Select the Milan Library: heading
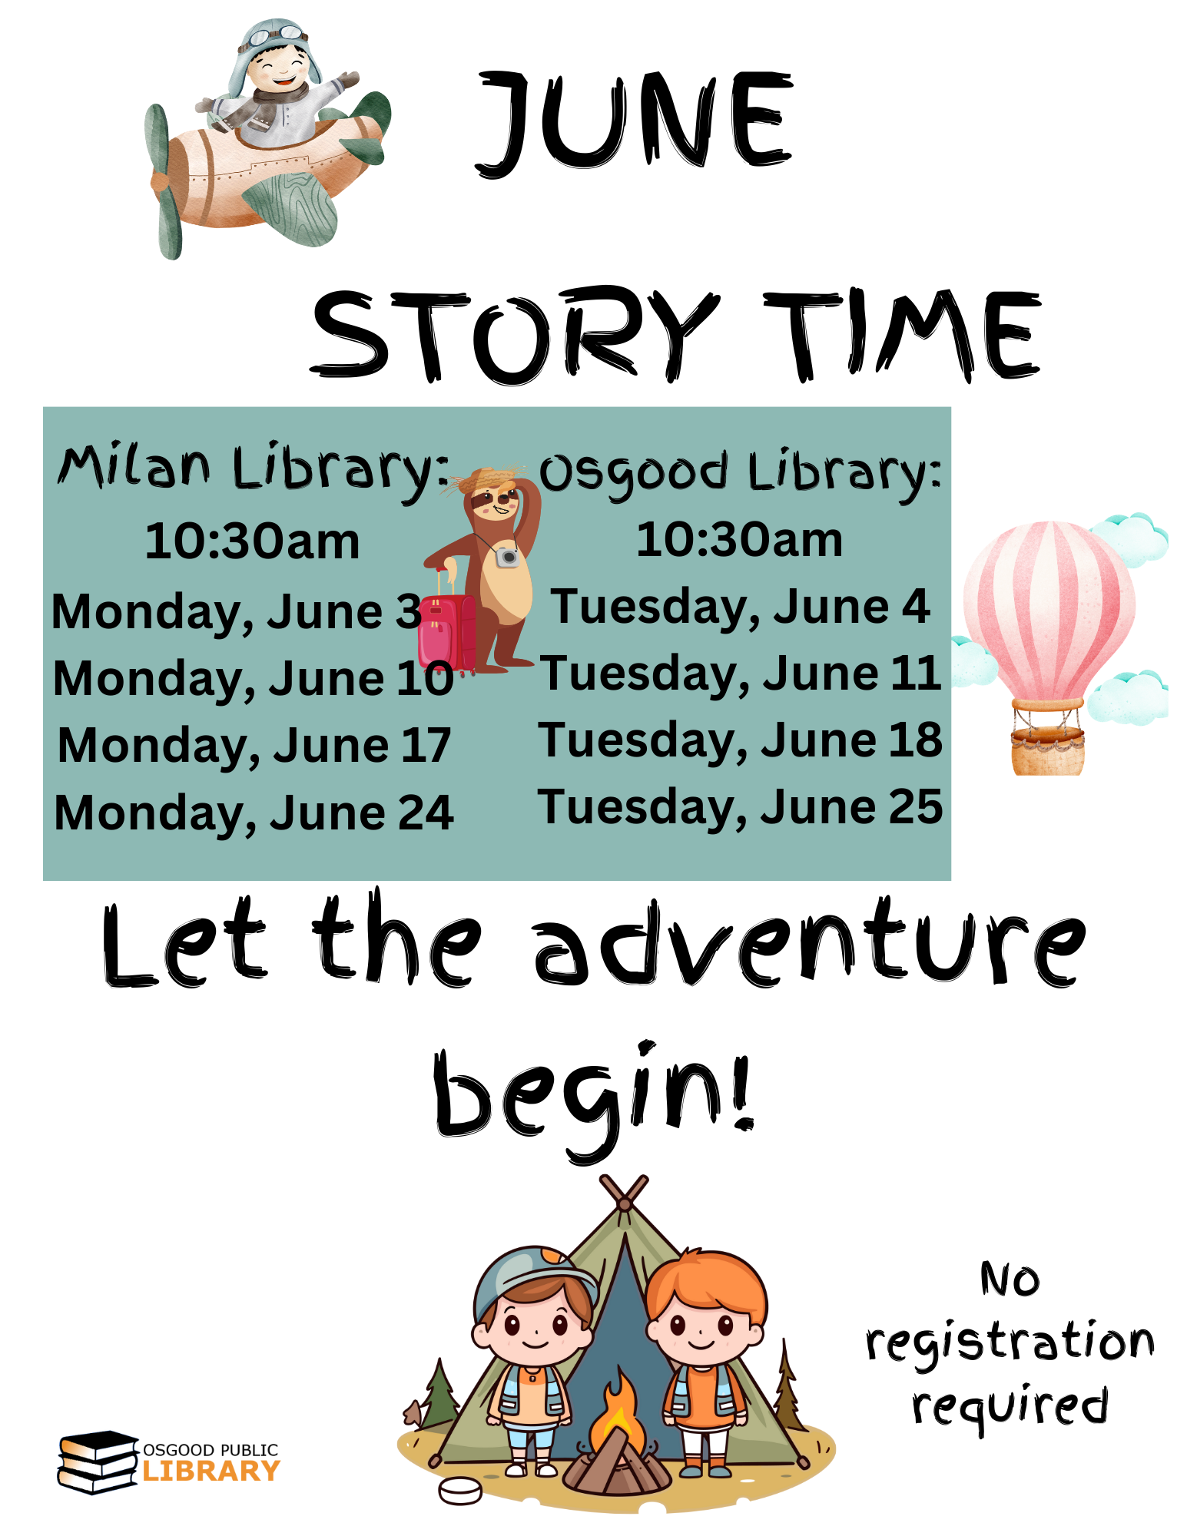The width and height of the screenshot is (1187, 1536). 253,468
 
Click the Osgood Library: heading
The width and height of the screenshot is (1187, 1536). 740,472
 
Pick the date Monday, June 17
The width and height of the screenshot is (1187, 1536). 254,746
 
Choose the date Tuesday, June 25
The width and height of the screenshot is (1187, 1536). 740,807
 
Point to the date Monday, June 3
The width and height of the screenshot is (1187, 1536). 237,612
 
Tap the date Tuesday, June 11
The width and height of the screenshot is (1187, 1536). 740,674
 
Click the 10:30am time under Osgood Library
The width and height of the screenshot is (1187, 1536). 739,540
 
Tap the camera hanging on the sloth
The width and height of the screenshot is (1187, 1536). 507,556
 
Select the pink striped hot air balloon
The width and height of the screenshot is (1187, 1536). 1049,607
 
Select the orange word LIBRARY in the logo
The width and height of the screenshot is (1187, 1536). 211,1471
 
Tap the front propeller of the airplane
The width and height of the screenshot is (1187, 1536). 163,183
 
